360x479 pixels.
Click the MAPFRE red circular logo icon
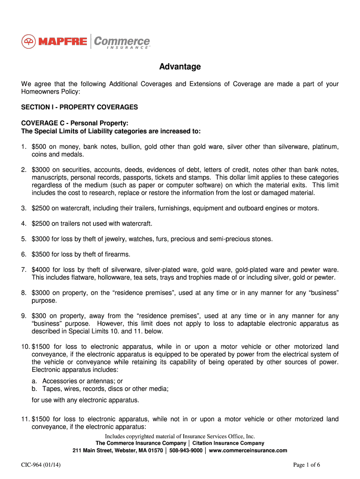[29, 42]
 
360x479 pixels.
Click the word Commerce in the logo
[122, 41]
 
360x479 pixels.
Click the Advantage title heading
[180, 67]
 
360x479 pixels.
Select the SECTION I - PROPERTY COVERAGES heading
[79, 107]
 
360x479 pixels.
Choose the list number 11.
[25, 419]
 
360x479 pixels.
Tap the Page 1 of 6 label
[306, 465]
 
